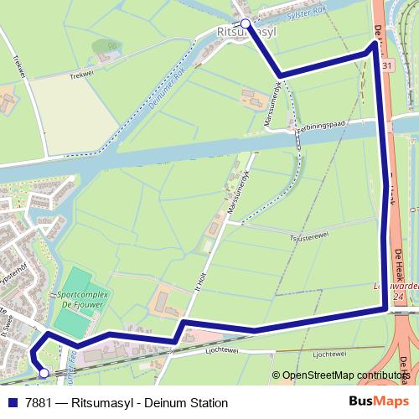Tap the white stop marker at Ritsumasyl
pos(245,23)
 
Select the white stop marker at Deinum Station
pos(44,373)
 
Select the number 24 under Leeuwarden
pos(399,297)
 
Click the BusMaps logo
pos(375,402)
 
